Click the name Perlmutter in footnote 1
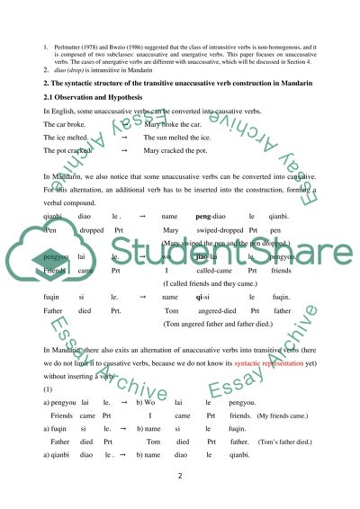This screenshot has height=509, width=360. (x=68, y=41)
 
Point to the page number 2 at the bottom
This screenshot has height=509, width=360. (x=180, y=479)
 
